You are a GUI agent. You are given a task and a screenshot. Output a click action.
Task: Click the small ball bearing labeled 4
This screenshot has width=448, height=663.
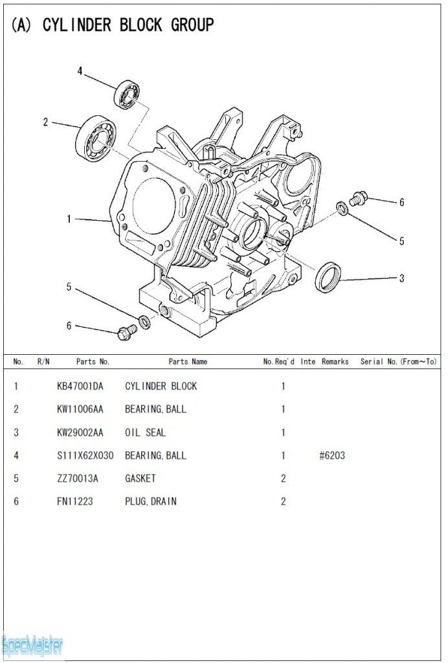coord(127,95)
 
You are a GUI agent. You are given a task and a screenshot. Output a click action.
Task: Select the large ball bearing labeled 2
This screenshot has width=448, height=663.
coord(95,138)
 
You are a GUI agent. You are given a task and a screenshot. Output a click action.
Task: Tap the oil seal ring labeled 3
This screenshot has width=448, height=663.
coord(328,276)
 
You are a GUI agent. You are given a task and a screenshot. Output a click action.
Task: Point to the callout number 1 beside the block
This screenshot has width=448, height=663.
coord(69,219)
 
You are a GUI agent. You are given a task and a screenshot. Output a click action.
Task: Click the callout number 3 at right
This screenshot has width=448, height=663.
coord(401,278)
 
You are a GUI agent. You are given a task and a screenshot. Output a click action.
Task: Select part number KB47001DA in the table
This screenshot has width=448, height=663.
coord(80,387)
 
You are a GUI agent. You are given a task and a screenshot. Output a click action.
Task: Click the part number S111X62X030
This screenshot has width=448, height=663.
coord(85,455)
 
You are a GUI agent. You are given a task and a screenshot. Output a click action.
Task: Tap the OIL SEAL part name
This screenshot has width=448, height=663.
coord(145,433)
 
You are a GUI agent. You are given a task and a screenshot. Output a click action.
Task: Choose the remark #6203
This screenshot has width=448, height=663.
coord(332,455)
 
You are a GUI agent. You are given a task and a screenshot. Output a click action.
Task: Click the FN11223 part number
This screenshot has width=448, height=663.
coord(74,501)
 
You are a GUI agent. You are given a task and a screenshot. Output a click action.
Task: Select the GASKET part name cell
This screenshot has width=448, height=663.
coord(140,478)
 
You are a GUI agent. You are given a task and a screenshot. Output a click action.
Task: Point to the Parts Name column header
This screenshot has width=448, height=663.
coord(188,361)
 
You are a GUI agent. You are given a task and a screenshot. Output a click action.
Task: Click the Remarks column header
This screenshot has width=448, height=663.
coord(335,361)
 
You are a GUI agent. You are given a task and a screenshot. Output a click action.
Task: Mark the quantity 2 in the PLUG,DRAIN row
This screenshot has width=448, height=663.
coord(283,501)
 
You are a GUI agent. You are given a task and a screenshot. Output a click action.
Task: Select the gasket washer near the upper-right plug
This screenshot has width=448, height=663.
coord(341,207)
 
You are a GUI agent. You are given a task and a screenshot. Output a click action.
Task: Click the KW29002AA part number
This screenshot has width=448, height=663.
coord(80,433)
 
